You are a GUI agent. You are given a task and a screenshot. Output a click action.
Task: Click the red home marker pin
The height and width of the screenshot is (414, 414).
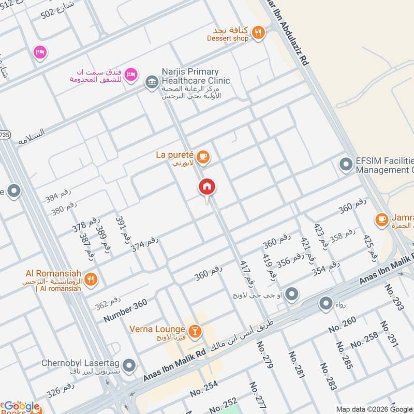tap(208, 187)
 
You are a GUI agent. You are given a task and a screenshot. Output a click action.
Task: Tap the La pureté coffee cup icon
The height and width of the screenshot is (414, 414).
tap(203, 156)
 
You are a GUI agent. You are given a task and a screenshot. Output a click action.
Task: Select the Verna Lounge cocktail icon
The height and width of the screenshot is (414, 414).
tap(195, 330)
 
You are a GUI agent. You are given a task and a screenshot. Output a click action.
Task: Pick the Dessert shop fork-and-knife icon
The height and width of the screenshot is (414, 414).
tap(258, 34)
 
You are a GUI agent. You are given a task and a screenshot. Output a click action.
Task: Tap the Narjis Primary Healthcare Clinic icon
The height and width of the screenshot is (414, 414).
tap(152, 82)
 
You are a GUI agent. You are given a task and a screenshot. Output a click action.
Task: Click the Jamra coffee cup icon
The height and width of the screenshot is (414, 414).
tap(382, 219)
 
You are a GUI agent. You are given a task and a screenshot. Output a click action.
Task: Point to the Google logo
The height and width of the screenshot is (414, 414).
tap(22, 406)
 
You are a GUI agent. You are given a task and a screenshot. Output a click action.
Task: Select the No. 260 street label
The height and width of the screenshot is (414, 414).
tap(342, 324)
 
